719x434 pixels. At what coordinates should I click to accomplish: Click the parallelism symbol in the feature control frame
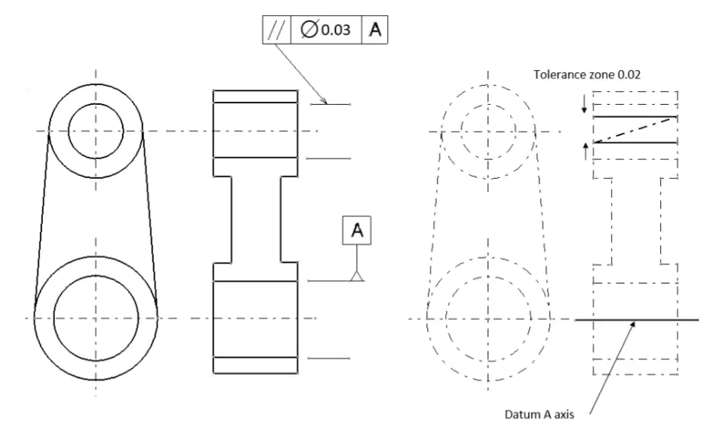pos(277,30)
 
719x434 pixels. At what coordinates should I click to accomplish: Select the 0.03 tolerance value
pos(336,30)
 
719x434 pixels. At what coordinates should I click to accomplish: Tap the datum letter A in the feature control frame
pos(375,29)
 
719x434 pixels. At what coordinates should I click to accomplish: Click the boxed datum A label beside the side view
pos(357,230)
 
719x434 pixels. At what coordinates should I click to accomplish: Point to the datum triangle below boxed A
pos(357,275)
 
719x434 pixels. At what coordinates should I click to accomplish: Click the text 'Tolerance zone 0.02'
pos(587,74)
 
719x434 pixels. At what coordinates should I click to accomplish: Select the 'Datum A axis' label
pos(539,414)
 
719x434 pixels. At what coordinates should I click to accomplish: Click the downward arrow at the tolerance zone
pos(584,104)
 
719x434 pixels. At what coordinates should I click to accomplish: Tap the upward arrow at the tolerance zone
pos(585,152)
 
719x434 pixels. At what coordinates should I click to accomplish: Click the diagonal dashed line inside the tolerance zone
pos(635,131)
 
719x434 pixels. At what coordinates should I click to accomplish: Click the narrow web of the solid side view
pos(256,220)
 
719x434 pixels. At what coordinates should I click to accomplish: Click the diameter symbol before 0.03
pos(309,30)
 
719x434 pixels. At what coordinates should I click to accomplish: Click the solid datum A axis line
pos(637,319)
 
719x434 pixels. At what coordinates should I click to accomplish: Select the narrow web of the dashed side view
pos(636,221)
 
